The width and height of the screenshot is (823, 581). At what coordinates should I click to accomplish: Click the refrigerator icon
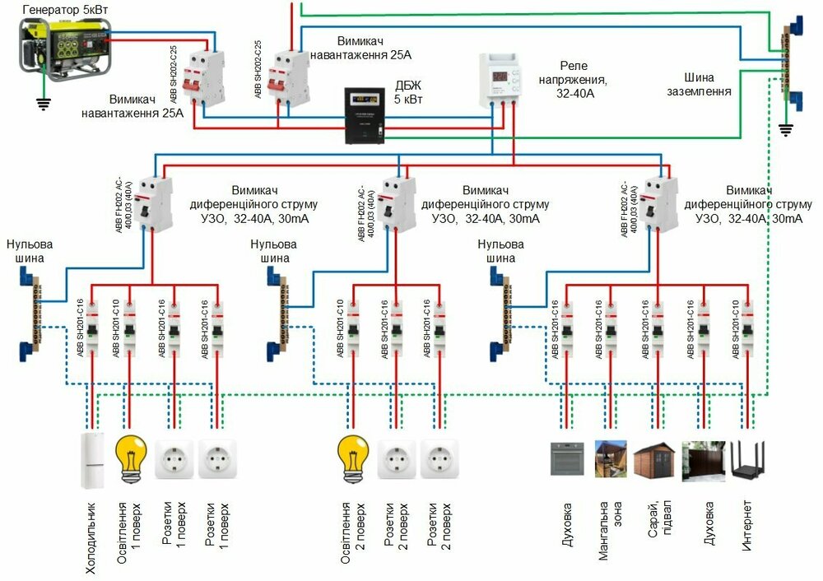(92, 460)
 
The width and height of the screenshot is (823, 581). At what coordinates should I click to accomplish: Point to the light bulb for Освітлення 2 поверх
(353, 458)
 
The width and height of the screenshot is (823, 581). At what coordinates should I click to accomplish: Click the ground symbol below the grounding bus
(785, 128)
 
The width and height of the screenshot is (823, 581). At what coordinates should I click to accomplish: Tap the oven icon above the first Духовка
(567, 459)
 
